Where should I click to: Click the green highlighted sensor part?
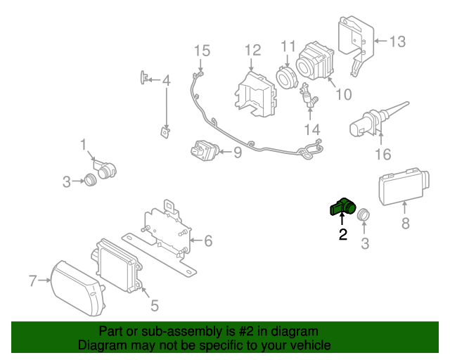342,207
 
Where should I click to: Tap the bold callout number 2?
343,235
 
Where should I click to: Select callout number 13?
397,41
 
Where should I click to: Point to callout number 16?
383,154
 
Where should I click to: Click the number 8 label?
405,224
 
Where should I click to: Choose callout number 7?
33,281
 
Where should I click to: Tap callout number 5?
155,305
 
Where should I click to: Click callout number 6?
208,240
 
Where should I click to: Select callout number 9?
238,152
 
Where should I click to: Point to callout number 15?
202,51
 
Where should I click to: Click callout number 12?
253,50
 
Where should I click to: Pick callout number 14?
311,130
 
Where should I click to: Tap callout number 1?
83,144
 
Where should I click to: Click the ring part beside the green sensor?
364,215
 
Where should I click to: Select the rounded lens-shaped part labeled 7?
77,288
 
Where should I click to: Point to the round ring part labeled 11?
284,77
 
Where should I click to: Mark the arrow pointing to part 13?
380,41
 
